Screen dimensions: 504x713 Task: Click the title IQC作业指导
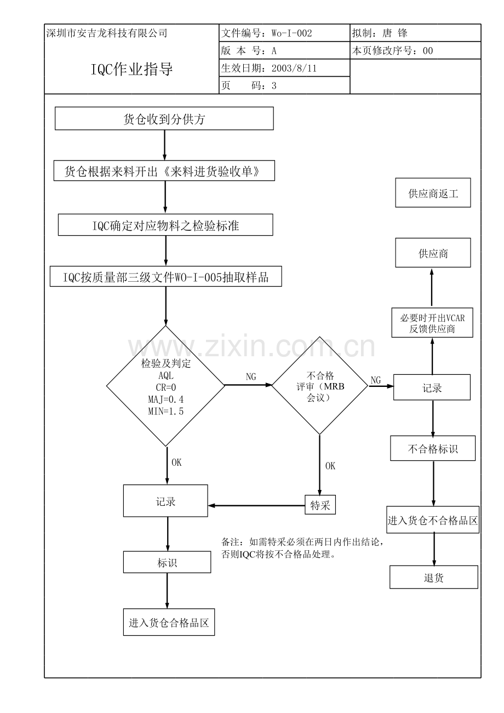tap(131, 69)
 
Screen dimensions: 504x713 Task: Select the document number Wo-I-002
tap(292, 33)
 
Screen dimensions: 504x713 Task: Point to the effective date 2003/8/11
tap(294, 68)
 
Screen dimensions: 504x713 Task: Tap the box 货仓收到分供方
tap(164, 118)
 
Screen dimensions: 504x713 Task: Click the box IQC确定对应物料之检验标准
tap(165, 225)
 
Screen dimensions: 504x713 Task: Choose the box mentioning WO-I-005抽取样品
tap(166, 276)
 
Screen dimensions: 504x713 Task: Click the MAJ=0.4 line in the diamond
tap(166, 399)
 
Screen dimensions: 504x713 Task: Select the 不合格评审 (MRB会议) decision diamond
tap(320, 385)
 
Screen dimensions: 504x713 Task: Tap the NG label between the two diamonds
tap(251, 377)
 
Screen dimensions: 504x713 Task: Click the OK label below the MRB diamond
tap(330, 466)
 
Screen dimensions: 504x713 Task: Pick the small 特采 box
tap(320, 505)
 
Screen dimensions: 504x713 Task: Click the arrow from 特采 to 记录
tap(256, 505)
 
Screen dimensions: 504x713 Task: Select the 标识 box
tap(167, 562)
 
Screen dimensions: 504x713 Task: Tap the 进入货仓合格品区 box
tap(169, 622)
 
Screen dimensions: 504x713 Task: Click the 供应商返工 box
tap(433, 192)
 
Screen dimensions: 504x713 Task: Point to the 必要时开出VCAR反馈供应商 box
tap(432, 322)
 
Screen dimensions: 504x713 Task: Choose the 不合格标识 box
tap(433, 448)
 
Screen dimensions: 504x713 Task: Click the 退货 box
tap(434, 577)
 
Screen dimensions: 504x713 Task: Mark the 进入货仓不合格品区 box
tap(433, 520)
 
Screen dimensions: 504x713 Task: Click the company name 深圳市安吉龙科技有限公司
tap(107, 33)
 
